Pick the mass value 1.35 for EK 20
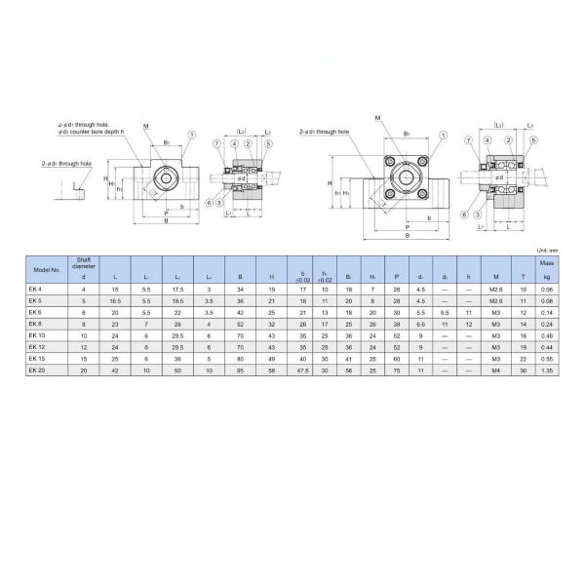tap(547, 370)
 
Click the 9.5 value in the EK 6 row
tap(445, 312)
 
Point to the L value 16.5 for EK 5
tap(115, 301)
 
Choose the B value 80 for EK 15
tap(240, 359)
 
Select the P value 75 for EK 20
tap(396, 370)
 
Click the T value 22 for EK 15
tap(524, 359)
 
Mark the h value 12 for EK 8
tap(469, 324)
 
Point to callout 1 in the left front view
tap(192, 135)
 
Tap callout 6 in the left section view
tap(210, 202)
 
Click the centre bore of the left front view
tap(168, 177)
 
